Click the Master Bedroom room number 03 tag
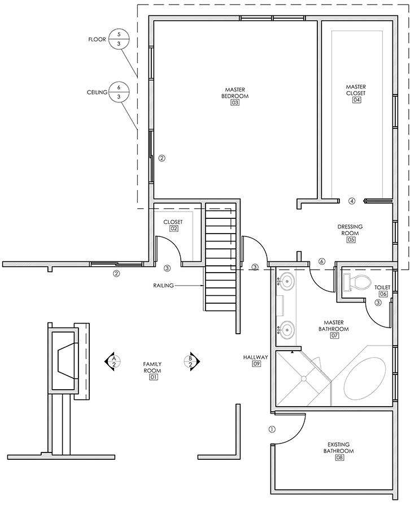tap(235, 103)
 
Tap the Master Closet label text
tap(356, 89)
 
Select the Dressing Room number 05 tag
tap(350, 240)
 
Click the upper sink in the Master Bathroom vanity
tap(287, 281)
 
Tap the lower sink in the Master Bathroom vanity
tap(287, 329)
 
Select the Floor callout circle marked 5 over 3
tap(119, 40)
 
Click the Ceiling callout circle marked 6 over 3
tap(119, 92)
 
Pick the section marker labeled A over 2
tap(112, 361)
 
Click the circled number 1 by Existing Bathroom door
tap(272, 429)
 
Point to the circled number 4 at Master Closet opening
tap(352, 200)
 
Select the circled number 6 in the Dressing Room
tap(321, 261)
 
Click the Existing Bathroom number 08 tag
tap(339, 458)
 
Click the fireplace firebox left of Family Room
tap(64, 360)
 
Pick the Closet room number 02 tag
tap(173, 229)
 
